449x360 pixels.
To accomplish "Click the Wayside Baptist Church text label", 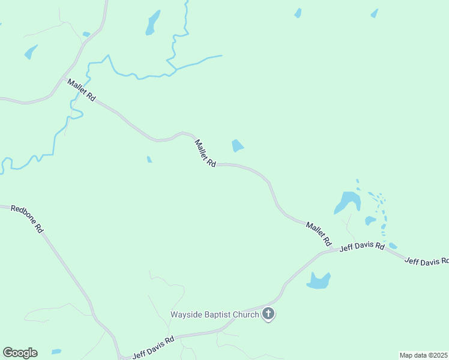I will pos(215,314).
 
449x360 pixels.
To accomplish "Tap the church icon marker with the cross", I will pos(268,314).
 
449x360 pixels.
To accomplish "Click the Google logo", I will pos(20,353).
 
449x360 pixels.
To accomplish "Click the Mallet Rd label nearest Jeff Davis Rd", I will pos(319,233).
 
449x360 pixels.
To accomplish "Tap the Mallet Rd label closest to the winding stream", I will pos(82,90).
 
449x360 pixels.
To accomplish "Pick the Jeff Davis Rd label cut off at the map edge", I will pos(426,261).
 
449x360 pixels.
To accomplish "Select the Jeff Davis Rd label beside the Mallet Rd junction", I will pos(362,247).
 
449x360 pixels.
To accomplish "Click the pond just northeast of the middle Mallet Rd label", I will pos(238,146).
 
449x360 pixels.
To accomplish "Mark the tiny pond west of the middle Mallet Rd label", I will pos(149,160).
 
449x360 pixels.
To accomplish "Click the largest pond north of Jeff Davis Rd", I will pos(347,202).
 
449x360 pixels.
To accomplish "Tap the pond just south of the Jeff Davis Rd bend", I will pos(318,280).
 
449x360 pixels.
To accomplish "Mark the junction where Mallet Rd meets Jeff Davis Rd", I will pos(334,250).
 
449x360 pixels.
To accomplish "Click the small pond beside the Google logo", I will pos(56,352).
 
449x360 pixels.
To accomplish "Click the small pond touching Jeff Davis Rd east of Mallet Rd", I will pos(393,246).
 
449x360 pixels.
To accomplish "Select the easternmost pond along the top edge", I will pos(375,13).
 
